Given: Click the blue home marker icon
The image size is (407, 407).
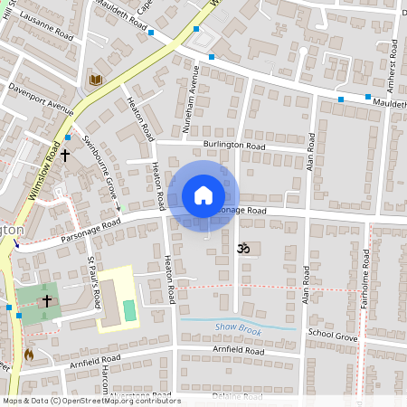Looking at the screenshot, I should [x=203, y=195].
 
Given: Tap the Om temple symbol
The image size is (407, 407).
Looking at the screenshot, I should [x=241, y=247].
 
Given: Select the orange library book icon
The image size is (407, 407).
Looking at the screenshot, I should [x=95, y=80].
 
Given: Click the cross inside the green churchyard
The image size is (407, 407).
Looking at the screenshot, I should [x=47, y=298].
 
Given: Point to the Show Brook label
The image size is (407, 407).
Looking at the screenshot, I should [x=238, y=330].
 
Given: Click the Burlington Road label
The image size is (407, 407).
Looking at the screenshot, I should [x=234, y=145].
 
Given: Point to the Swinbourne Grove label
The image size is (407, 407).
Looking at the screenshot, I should [x=100, y=168].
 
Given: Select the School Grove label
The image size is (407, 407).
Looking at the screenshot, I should [x=333, y=334].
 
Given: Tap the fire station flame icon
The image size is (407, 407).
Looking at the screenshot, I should [x=29, y=354].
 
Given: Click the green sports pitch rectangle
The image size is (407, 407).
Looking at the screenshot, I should [x=128, y=310].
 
